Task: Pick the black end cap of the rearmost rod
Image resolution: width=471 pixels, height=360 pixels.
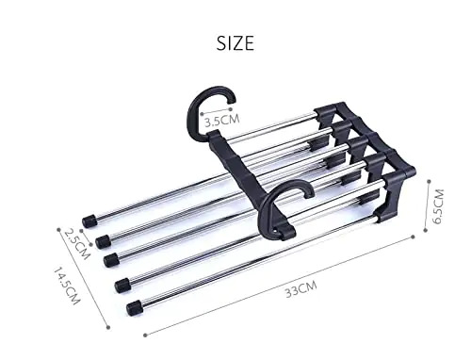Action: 90,220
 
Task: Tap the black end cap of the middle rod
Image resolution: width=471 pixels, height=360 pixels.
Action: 111,258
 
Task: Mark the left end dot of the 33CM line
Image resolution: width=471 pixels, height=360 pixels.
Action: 144,333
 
